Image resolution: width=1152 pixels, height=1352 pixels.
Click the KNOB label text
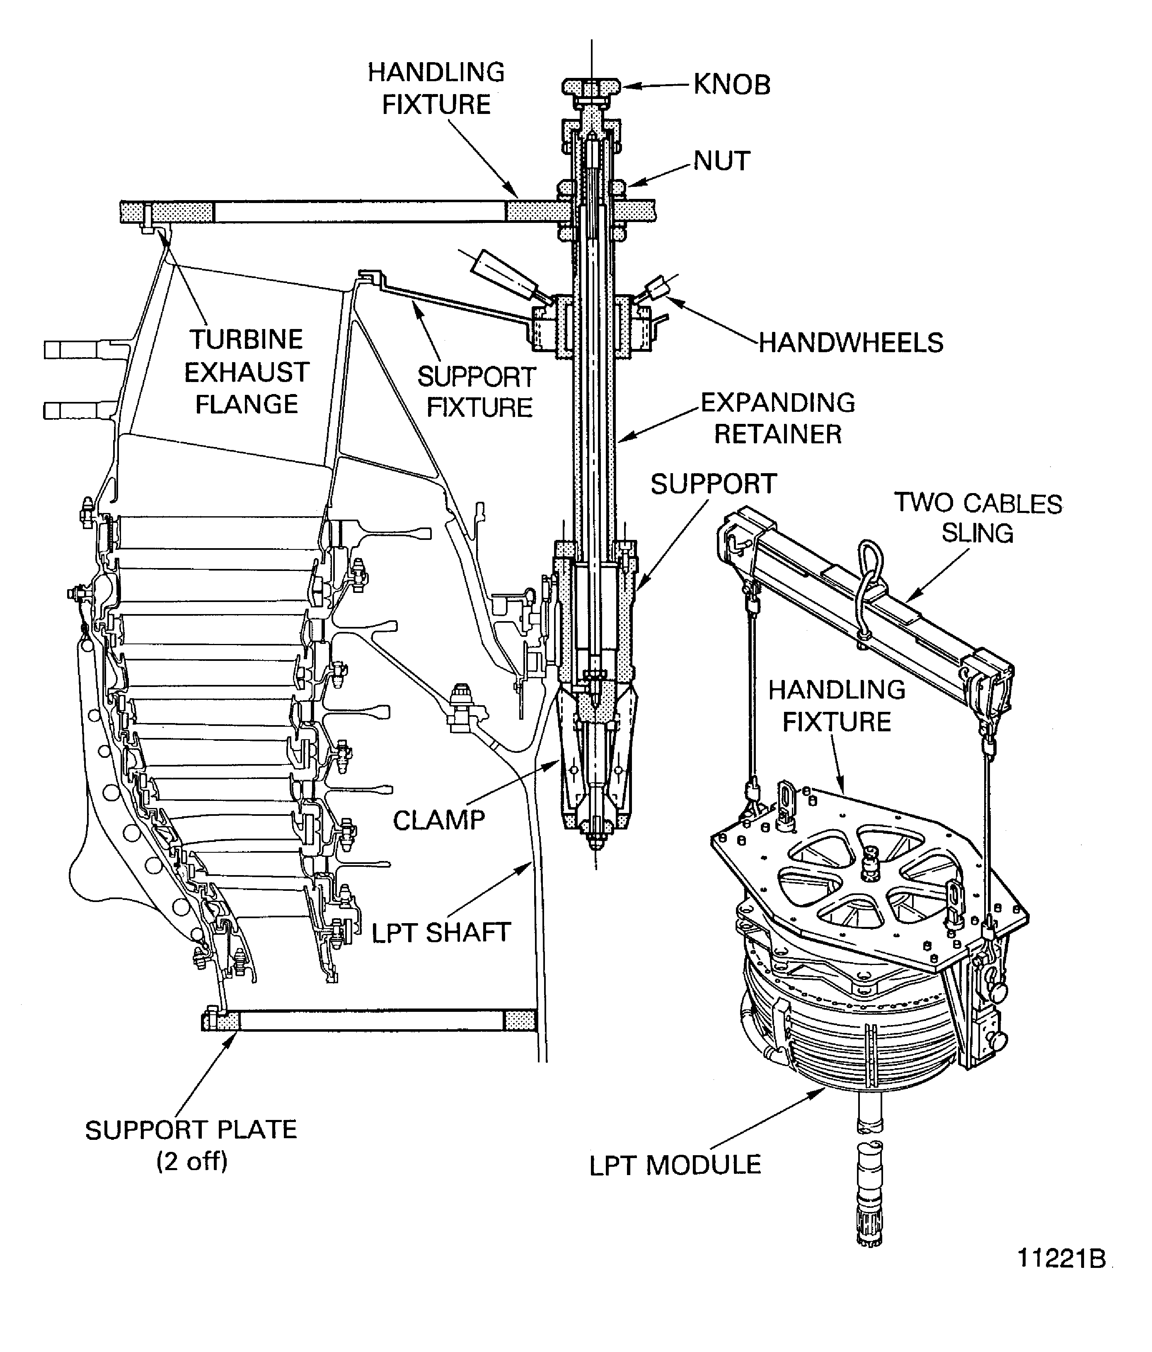point(732,85)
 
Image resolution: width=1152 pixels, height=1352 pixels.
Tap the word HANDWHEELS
point(850,343)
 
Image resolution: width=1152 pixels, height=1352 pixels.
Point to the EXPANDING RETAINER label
point(777,418)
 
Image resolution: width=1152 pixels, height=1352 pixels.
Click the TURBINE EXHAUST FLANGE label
point(246,372)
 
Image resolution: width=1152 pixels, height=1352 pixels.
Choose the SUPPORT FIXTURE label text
point(477,392)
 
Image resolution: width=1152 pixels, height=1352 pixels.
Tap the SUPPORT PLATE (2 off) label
point(191,1145)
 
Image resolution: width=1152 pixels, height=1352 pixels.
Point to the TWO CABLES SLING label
point(977,518)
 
